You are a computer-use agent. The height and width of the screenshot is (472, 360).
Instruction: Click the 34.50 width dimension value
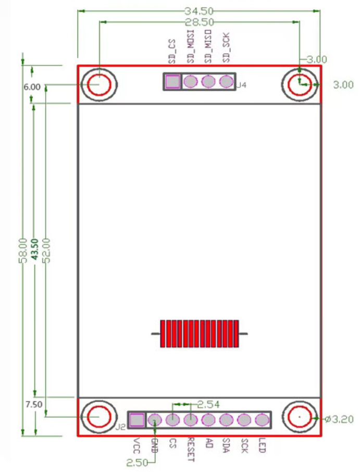[x=199, y=11]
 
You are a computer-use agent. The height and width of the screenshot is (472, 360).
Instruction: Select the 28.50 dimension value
[x=199, y=22]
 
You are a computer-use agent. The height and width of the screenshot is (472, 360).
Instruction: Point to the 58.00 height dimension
[x=23, y=251]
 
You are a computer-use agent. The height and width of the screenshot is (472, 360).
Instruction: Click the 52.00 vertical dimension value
[x=47, y=251]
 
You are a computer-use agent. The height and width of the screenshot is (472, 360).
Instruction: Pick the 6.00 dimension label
[x=32, y=87]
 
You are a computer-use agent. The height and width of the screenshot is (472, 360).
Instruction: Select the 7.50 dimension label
[x=34, y=404]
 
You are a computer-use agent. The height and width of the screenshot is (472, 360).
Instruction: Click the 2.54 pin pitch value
[x=208, y=405]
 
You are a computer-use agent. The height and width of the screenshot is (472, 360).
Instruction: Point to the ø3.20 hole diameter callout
[x=339, y=419]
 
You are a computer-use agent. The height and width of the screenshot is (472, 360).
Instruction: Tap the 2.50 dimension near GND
[x=137, y=463]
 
